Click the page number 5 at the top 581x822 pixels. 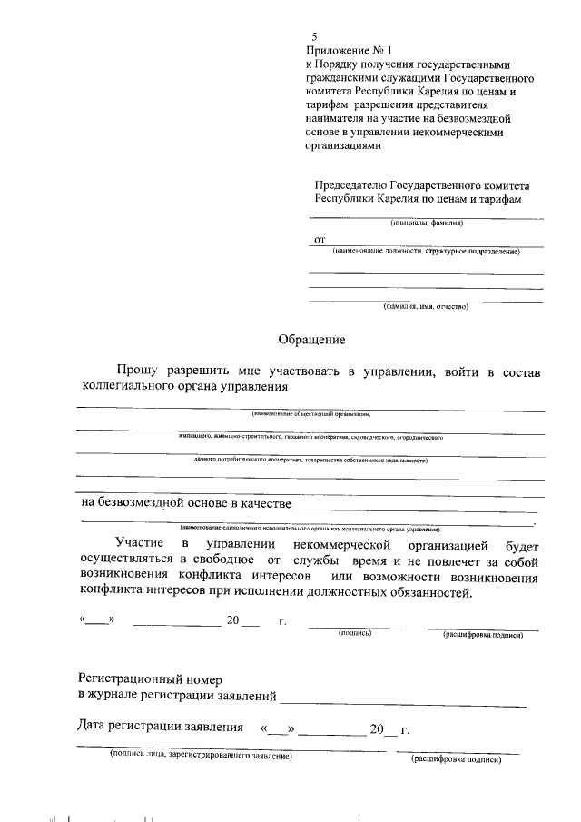[x=314, y=37]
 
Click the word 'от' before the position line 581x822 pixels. [x=319, y=240]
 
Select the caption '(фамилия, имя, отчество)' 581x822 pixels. [x=425, y=307]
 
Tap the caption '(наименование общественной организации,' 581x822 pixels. [x=311, y=414]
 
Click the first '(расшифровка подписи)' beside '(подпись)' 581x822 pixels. [x=482, y=635]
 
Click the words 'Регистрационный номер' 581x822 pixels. [x=150, y=678]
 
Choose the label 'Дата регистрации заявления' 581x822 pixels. [x=161, y=728]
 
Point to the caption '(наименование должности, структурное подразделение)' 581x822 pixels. [x=425, y=251]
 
